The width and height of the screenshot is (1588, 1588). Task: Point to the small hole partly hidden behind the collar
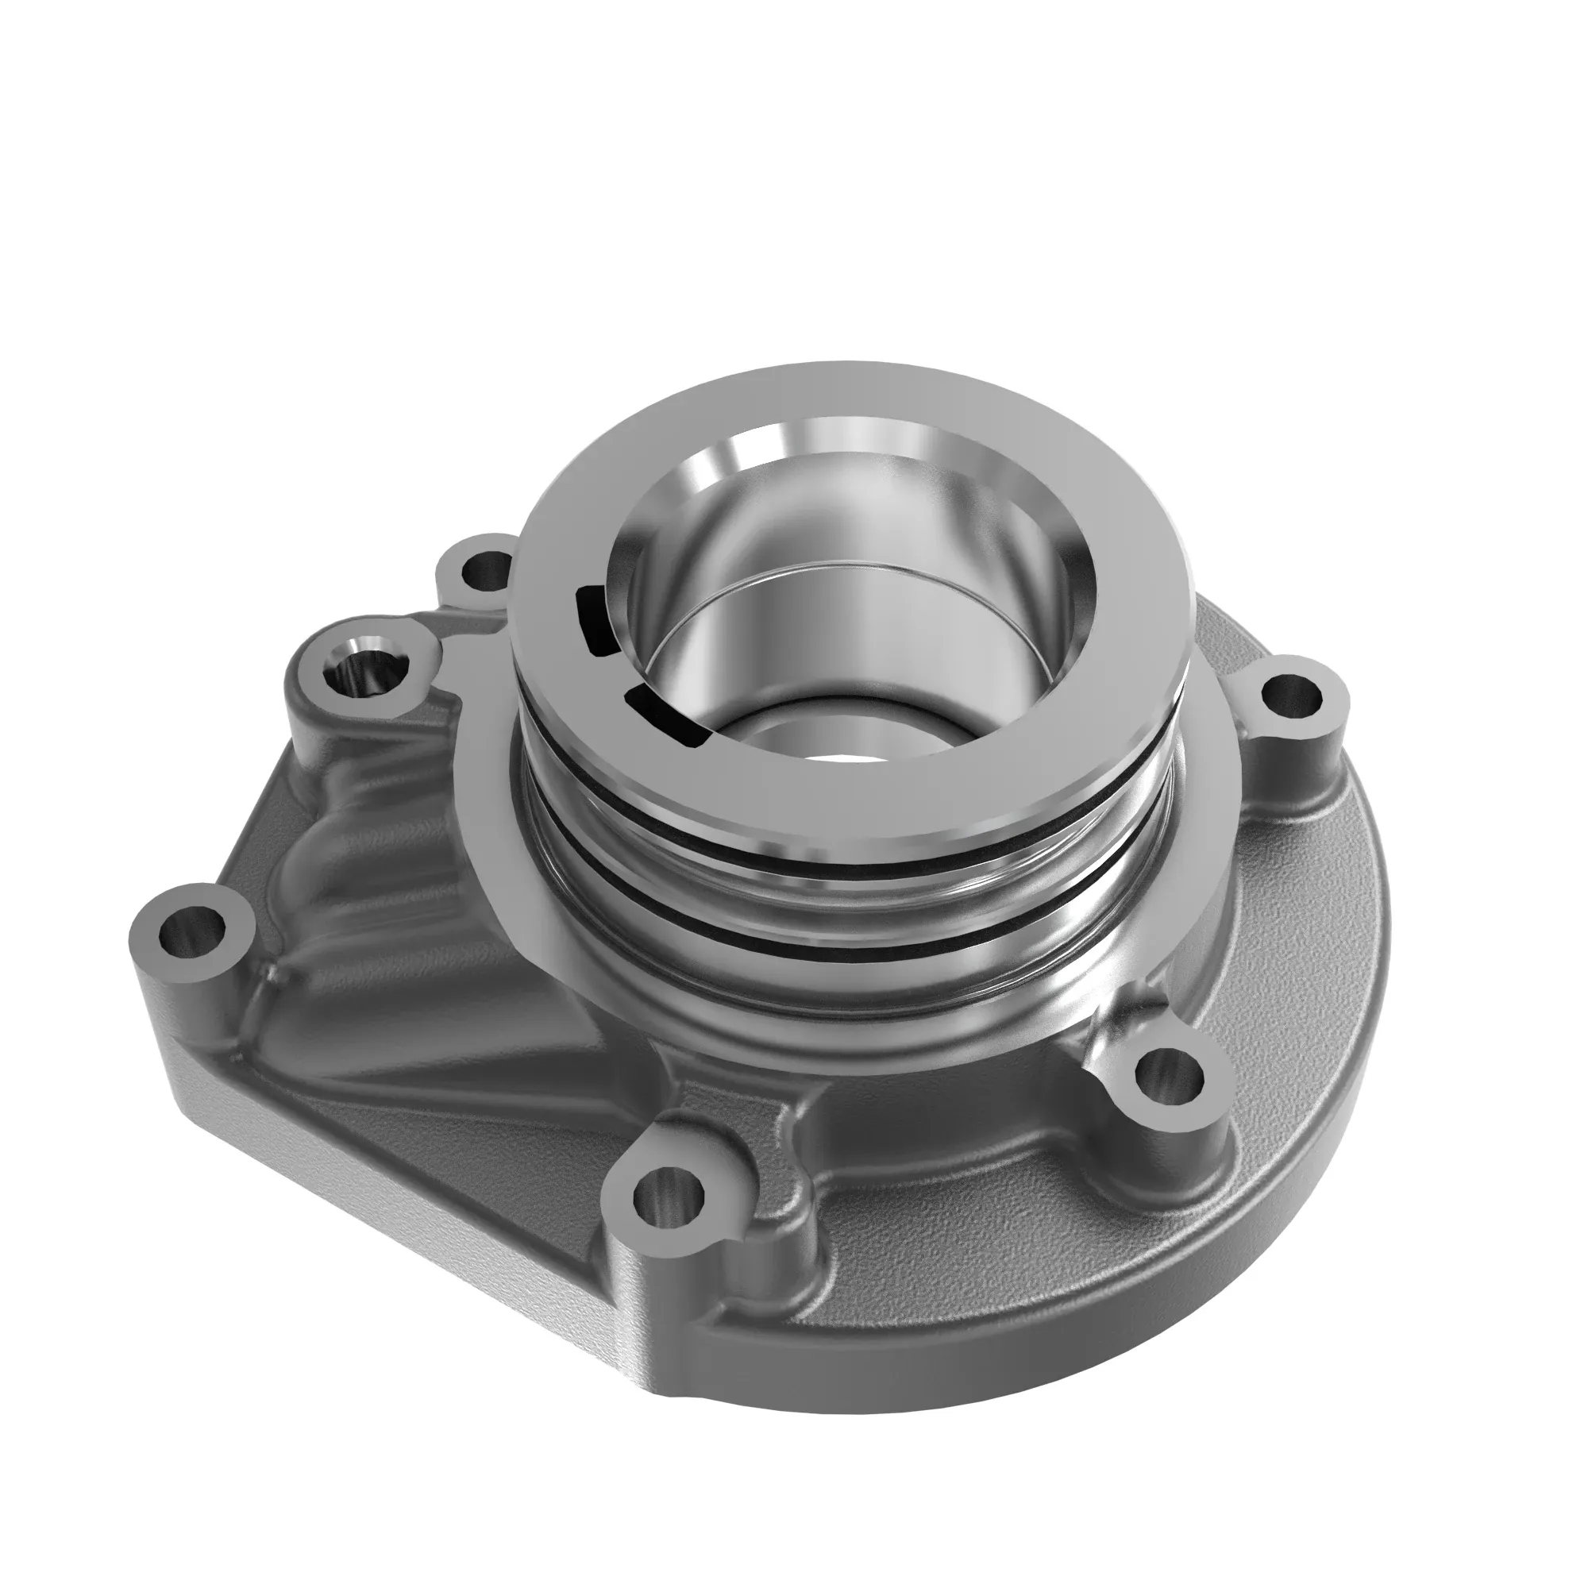487,567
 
